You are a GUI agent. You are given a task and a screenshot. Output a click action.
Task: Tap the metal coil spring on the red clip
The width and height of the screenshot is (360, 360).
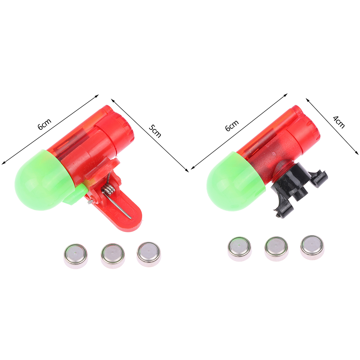pyautogui.click(x=108, y=189)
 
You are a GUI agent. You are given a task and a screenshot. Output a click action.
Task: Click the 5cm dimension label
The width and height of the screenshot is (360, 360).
pyautogui.click(x=155, y=131)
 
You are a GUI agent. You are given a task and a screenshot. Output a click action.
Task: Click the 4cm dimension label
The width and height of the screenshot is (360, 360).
pyautogui.click(x=339, y=122)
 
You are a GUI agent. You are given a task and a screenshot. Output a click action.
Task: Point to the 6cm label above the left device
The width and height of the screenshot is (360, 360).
pyautogui.click(x=45, y=124)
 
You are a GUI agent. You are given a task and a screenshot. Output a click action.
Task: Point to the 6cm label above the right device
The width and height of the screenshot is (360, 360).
pyautogui.click(x=232, y=125)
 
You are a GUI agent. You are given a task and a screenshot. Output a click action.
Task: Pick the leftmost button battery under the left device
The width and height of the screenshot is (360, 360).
pyautogui.click(x=75, y=256)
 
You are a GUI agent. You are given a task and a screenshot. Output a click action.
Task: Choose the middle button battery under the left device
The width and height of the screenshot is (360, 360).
pyautogui.click(x=113, y=256)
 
